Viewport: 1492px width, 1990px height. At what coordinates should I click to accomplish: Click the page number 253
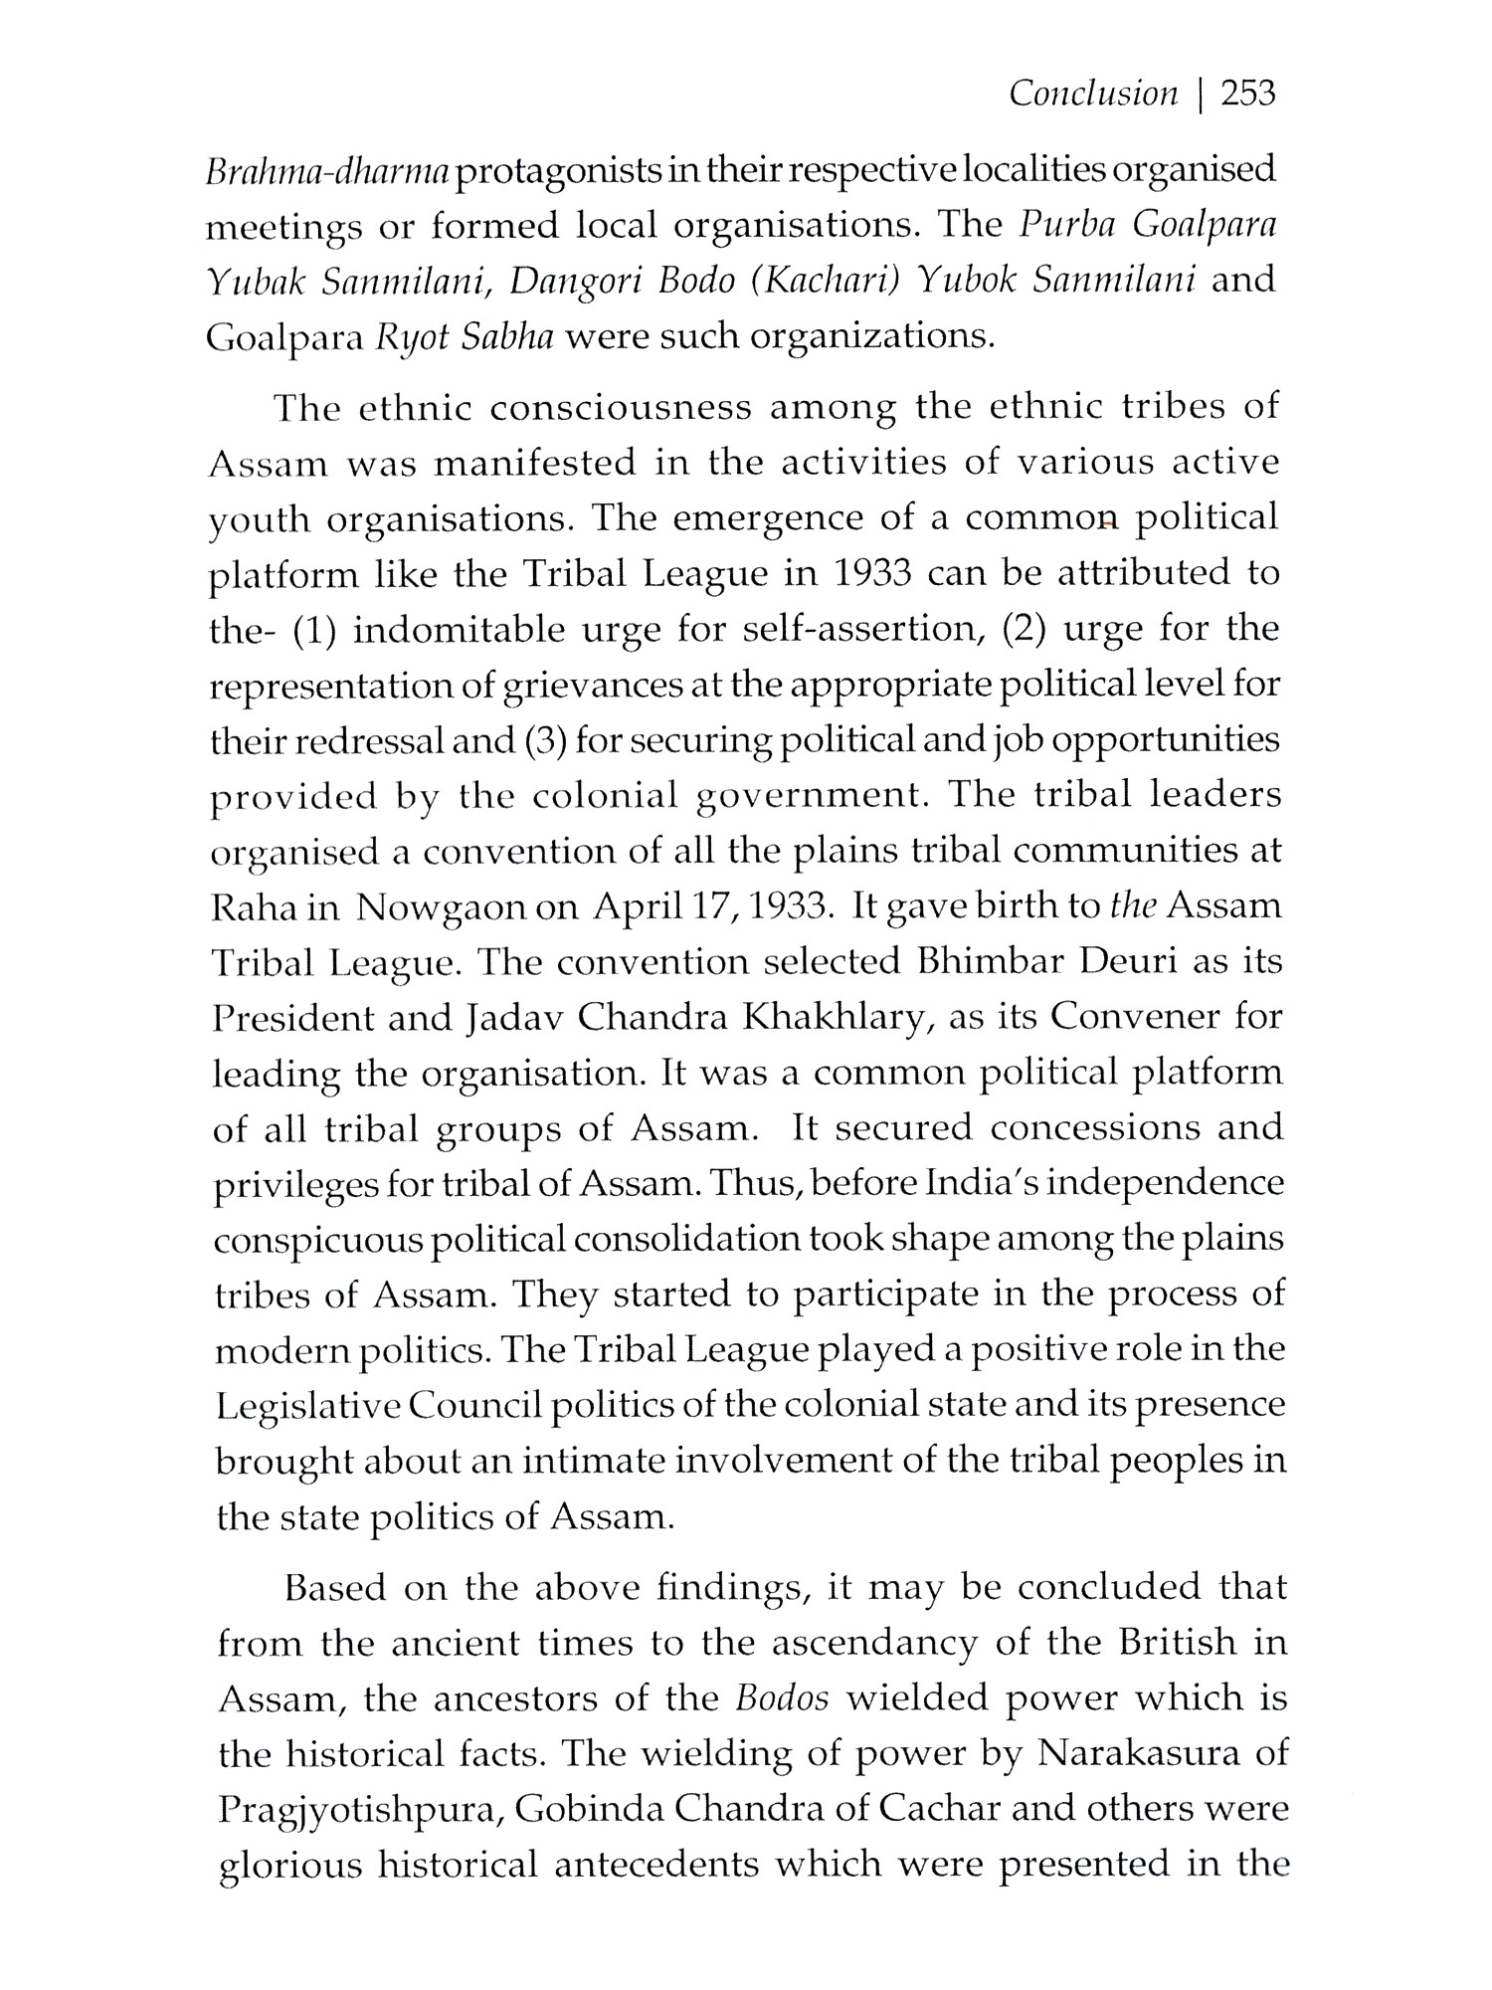pos(1247,95)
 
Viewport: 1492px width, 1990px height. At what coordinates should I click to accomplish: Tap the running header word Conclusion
pos(1092,95)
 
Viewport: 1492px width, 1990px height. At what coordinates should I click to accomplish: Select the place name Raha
pos(254,908)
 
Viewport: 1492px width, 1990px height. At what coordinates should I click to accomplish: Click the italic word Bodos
pos(782,1698)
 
